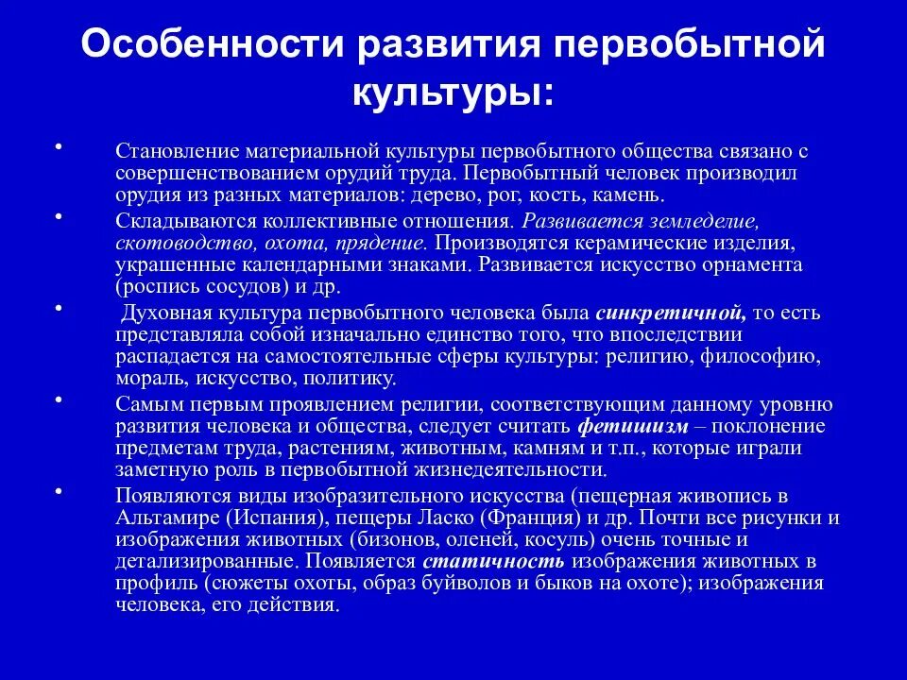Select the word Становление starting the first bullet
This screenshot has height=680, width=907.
[177, 151]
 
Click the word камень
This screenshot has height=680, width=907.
[628, 196]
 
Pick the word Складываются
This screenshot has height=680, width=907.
[180, 221]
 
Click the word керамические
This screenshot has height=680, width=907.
[606, 243]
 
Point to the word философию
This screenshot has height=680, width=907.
[764, 357]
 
